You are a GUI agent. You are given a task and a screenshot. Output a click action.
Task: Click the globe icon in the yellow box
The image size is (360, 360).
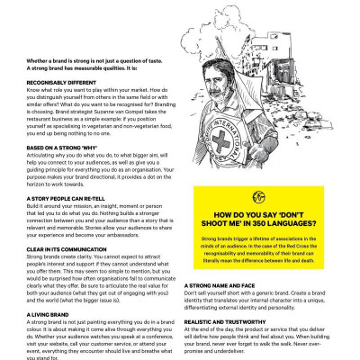(x=259, y=197)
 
